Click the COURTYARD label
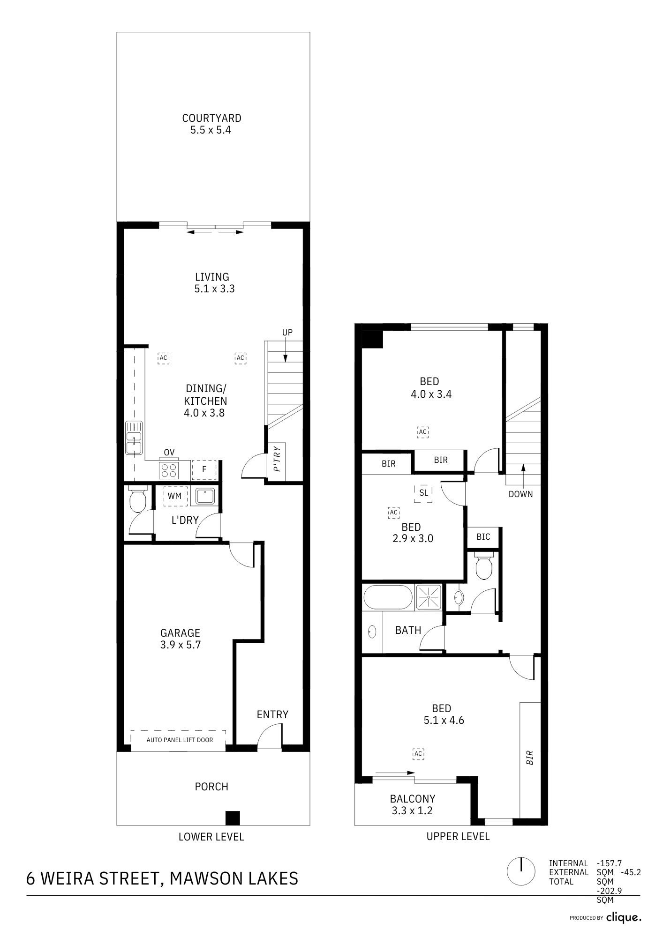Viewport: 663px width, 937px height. tap(211, 118)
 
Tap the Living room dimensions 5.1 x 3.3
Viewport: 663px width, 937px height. tap(214, 289)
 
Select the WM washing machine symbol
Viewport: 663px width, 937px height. tap(175, 496)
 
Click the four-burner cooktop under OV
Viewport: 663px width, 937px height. tap(169, 470)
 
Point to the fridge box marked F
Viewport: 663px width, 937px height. tap(204, 469)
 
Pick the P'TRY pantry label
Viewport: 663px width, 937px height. tap(277, 459)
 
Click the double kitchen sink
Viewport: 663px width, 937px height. tap(134, 438)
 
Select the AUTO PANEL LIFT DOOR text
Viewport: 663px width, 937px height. tap(180, 740)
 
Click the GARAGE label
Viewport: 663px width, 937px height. tap(180, 633)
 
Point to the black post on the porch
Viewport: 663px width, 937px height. tap(233, 818)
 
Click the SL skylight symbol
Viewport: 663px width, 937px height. tap(423, 493)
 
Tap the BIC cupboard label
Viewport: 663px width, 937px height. tap(483, 537)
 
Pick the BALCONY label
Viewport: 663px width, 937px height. tap(413, 798)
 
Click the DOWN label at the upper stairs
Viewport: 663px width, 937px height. tap(521, 494)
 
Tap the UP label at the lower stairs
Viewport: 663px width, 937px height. tap(287, 332)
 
